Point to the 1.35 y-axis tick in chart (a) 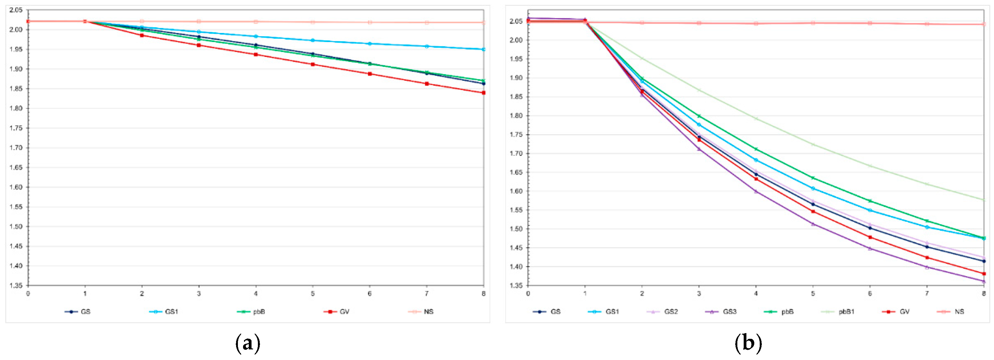click(x=16, y=286)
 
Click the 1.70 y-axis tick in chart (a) click(x=16, y=148)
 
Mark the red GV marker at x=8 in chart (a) click(x=483, y=93)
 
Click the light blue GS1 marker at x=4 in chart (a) click(x=256, y=37)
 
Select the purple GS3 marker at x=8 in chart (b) click(x=984, y=282)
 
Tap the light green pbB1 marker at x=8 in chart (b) click(x=984, y=200)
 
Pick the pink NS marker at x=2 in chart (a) click(x=142, y=21)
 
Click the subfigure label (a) click(x=247, y=343)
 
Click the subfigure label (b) click(x=748, y=343)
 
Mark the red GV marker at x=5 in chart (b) click(x=813, y=211)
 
